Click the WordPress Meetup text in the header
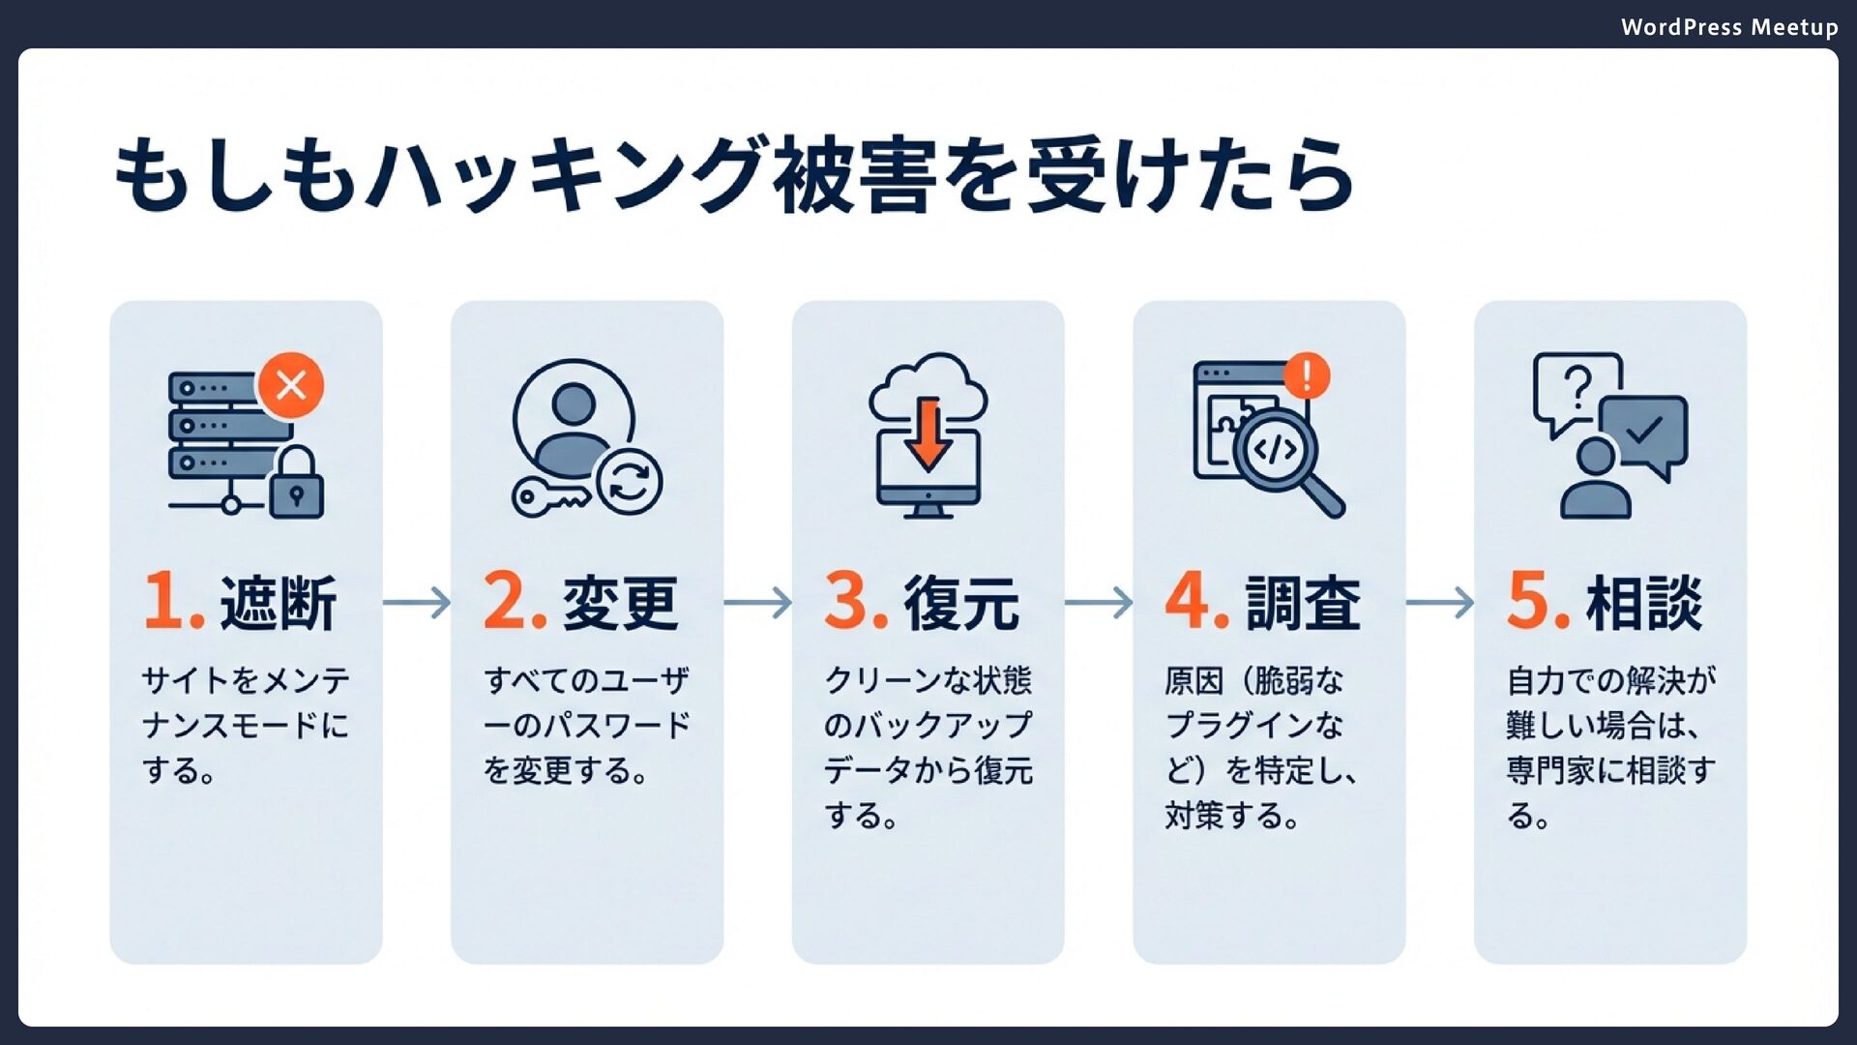(x=1728, y=27)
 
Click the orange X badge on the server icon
(x=290, y=385)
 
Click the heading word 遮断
(x=279, y=603)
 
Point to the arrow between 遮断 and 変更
(x=417, y=603)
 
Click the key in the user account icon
(x=548, y=496)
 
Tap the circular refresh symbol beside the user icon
(x=629, y=481)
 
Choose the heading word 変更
(x=620, y=603)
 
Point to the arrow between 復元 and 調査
(x=1099, y=603)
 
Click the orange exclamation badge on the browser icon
(x=1307, y=375)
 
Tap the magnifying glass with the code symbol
(x=1277, y=450)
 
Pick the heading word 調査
(x=1303, y=603)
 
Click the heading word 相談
(x=1644, y=603)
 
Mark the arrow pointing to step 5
(x=1440, y=603)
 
